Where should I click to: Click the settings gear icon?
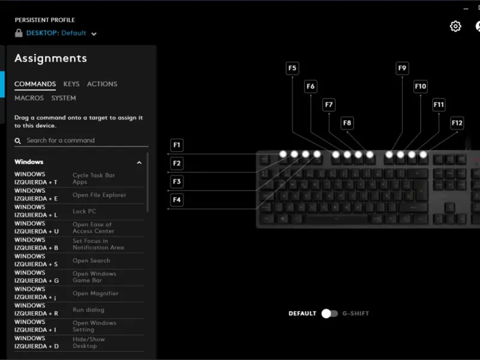point(455,26)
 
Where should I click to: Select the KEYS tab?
point(71,84)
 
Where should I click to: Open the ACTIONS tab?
point(102,84)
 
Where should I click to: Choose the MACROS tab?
point(29,98)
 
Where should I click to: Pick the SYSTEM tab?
point(64,98)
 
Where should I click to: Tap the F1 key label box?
point(176,145)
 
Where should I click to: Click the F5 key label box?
point(292,68)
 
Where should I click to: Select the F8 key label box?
point(347,123)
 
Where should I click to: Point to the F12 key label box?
point(457,123)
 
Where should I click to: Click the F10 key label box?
point(421,86)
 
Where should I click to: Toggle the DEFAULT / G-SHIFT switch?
point(329,313)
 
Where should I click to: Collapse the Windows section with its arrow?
point(139,163)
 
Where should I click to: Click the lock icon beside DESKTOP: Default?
point(19,33)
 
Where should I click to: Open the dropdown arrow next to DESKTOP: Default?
point(94,34)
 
